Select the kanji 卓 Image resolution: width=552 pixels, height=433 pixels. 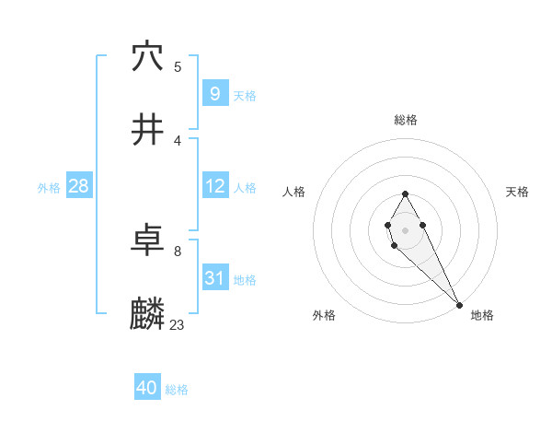point(147,241)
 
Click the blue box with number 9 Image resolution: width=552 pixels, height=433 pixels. point(214,93)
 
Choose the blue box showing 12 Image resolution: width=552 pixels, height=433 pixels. point(214,186)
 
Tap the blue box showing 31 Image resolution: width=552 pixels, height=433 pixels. point(214,278)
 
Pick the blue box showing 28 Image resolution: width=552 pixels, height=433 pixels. point(78,186)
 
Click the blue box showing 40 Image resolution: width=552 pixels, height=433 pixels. point(146,388)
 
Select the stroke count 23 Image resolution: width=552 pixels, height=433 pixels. point(178,325)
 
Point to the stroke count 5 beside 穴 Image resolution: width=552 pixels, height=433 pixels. point(178,66)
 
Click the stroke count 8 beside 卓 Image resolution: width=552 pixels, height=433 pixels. point(178,251)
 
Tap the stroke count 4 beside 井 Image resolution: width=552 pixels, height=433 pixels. point(178,140)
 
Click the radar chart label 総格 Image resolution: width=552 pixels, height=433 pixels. point(405,120)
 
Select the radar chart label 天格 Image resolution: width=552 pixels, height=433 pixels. point(517,192)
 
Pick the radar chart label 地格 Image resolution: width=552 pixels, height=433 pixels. point(482,315)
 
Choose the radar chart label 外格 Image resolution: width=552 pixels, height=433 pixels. point(324,315)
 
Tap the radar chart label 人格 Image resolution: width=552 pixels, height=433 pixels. point(294,192)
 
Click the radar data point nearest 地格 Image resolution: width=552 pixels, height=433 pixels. point(459,303)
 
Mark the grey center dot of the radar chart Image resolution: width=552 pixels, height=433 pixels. point(405,228)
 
